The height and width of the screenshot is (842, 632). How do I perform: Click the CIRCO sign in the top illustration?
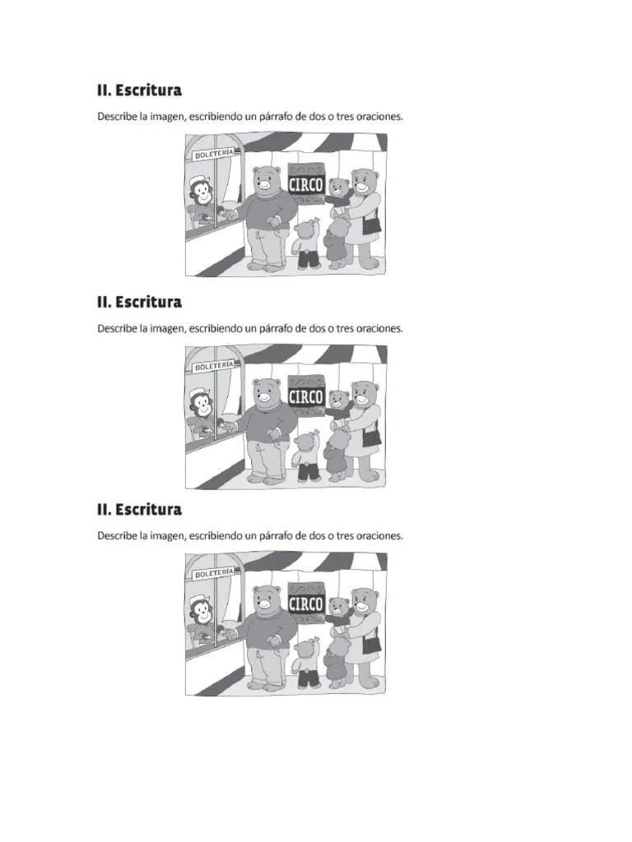point(305,184)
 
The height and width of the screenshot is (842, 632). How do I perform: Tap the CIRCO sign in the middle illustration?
point(305,396)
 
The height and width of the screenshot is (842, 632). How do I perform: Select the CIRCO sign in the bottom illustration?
point(305,604)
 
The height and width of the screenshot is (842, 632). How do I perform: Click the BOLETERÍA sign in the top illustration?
point(213,154)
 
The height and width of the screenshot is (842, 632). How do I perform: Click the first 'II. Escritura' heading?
point(139,90)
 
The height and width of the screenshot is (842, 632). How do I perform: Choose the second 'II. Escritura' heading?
point(139,302)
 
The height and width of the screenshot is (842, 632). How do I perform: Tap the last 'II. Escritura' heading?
point(139,510)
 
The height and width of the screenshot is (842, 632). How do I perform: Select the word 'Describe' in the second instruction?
point(118,328)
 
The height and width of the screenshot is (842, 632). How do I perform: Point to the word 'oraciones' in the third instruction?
point(377,535)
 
